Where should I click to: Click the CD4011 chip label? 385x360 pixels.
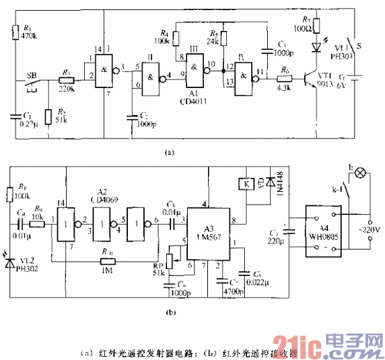pyautogui.click(x=199, y=99)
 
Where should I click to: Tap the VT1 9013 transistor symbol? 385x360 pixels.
pyautogui.click(x=314, y=76)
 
